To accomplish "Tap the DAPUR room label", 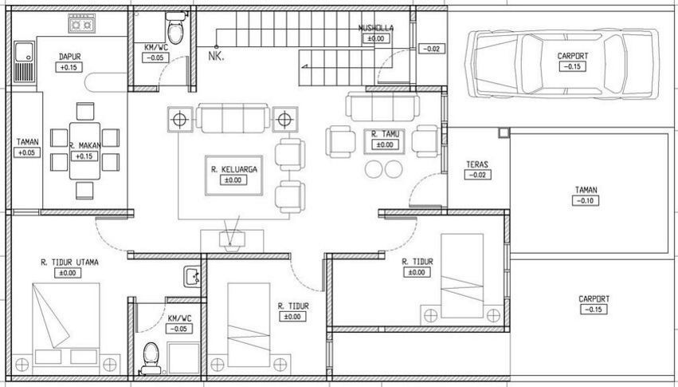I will [70, 57].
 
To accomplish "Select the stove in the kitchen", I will [80, 26].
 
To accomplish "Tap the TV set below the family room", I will [233, 239].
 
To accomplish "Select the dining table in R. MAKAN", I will [84, 151].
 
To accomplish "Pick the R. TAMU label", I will [385, 134].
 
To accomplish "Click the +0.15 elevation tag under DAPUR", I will [70, 68].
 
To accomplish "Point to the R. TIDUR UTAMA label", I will [69, 262].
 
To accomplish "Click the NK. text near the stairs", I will [215, 56].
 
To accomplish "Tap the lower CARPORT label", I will [594, 299].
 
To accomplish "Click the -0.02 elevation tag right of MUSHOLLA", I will [432, 49].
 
